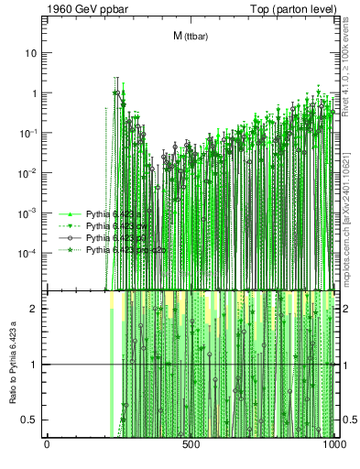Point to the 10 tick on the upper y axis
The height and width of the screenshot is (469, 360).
click(x=31, y=53)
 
